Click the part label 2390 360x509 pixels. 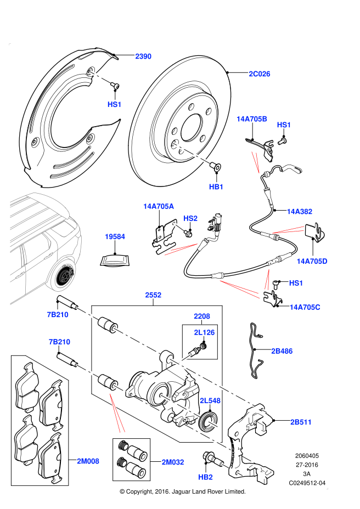click(x=143, y=56)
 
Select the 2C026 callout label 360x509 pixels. click(x=260, y=74)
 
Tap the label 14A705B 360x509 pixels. click(x=252, y=119)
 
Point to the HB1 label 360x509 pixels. click(x=216, y=187)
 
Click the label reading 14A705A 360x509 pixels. click(x=159, y=206)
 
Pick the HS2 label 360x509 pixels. click(x=190, y=218)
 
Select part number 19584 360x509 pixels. click(x=115, y=237)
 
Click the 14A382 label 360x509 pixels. click(x=300, y=212)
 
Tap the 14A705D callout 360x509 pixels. click(x=312, y=262)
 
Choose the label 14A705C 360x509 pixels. click(x=305, y=307)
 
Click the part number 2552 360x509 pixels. click(x=153, y=295)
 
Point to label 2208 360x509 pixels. click(x=202, y=316)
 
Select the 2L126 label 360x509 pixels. click(x=204, y=332)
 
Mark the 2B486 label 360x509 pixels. click(x=282, y=351)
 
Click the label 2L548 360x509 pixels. click(x=210, y=401)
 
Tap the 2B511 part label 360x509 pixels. click(x=301, y=422)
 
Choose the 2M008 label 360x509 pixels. click(x=88, y=461)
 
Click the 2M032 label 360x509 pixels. click(x=173, y=462)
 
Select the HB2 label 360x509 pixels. click(x=205, y=477)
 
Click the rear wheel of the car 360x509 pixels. click(x=63, y=275)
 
